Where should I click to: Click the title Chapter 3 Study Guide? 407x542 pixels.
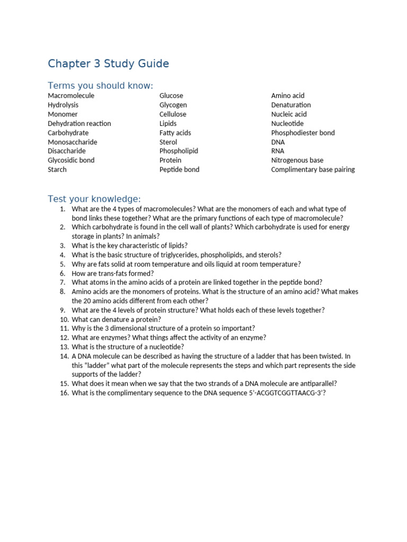click(x=108, y=64)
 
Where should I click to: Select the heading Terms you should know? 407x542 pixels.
click(x=100, y=86)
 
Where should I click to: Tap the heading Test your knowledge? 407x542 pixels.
click(x=94, y=199)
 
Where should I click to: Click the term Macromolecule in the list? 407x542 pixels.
click(x=71, y=96)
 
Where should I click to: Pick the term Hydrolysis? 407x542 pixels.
click(x=64, y=105)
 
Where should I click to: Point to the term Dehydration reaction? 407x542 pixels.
click(x=79, y=123)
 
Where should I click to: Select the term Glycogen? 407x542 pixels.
click(x=173, y=105)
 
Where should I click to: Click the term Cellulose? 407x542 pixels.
click(x=173, y=114)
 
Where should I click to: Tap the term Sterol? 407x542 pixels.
click(x=169, y=142)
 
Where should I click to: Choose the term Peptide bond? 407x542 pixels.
click(x=180, y=169)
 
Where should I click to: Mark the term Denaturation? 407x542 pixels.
click(x=291, y=105)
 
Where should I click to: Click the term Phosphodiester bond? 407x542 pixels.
click(x=303, y=133)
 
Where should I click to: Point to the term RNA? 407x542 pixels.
click(x=278, y=151)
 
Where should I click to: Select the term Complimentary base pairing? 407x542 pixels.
click(x=313, y=169)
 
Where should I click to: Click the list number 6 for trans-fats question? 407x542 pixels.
click(x=62, y=273)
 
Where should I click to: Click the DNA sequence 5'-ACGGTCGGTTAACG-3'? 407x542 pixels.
click(x=279, y=393)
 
